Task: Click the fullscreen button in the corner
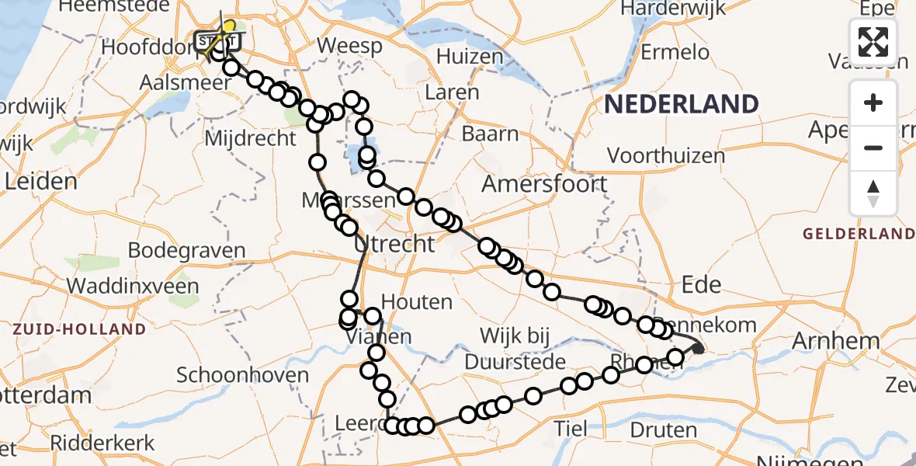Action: click(x=873, y=42)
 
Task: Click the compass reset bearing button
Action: click(x=873, y=193)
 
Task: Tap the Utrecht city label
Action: click(x=394, y=244)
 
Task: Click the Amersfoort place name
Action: click(x=544, y=184)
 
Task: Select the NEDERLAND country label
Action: click(x=682, y=104)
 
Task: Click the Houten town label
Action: click(x=418, y=301)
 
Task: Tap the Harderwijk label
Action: click(x=674, y=9)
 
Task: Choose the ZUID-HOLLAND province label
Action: click(x=78, y=329)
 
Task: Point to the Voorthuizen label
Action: click(x=666, y=155)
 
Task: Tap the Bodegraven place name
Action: click(x=186, y=251)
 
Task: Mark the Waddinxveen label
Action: click(x=132, y=285)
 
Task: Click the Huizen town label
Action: click(x=470, y=57)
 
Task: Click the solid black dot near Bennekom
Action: click(x=698, y=349)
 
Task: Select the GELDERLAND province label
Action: click(x=859, y=234)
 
